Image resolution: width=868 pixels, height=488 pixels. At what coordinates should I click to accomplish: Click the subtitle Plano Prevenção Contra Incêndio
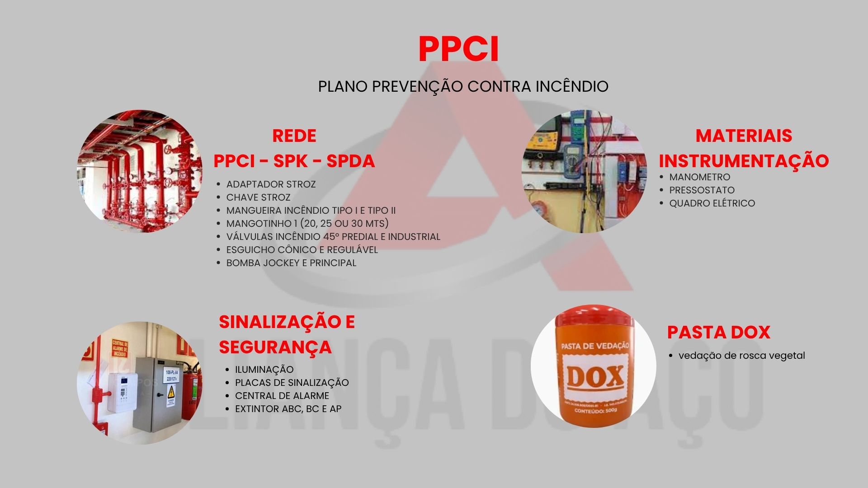[463, 86]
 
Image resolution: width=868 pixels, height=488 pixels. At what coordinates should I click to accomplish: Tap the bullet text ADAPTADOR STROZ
[271, 184]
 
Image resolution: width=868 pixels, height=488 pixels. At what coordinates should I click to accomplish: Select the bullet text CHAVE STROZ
[258, 197]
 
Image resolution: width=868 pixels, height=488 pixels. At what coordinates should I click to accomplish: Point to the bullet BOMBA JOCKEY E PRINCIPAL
[291, 263]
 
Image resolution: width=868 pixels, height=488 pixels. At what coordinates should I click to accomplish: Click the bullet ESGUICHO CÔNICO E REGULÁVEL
[302, 250]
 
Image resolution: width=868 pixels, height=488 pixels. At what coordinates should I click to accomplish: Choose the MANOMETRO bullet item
[699, 177]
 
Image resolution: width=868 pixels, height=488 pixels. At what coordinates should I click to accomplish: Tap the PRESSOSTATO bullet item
[702, 190]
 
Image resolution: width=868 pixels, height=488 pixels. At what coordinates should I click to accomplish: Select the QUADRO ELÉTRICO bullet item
[712, 203]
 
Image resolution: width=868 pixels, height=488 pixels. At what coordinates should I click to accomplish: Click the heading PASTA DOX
[718, 333]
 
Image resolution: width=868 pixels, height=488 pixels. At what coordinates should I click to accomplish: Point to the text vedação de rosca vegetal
[741, 356]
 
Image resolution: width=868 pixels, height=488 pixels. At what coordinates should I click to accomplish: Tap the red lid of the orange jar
[594, 319]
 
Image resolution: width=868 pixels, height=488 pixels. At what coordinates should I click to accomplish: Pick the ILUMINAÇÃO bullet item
[264, 370]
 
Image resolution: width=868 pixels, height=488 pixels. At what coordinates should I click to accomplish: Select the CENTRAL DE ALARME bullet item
[282, 396]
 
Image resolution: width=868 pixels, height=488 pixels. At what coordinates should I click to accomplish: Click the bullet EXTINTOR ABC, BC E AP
[288, 409]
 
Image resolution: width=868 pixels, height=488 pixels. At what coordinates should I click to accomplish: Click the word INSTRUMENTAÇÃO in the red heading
[744, 161]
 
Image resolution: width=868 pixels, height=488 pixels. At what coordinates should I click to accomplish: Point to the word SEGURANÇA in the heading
[275, 347]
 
